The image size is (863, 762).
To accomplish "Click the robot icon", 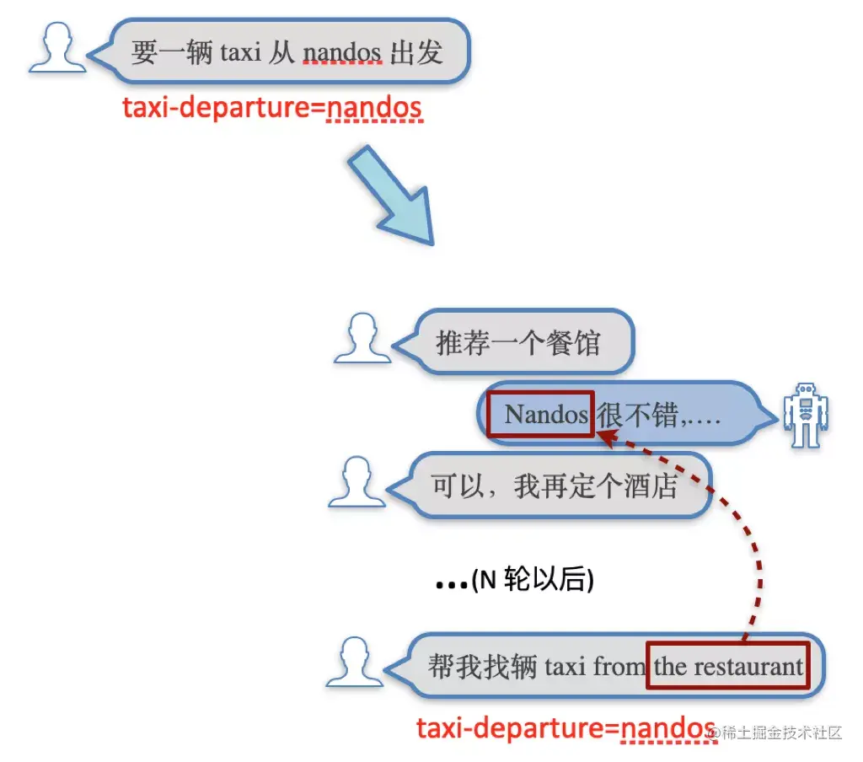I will coord(806,416).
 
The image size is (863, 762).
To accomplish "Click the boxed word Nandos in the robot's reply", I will coord(542,414).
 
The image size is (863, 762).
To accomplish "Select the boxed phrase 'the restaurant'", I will coord(727,667).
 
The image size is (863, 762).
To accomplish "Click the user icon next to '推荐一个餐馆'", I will coord(363,339).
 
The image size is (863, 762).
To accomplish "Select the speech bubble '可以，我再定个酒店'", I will coord(556,486).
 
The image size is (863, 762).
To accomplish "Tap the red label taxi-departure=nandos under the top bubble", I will coord(271,109).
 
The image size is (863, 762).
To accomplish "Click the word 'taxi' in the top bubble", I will coord(241,53).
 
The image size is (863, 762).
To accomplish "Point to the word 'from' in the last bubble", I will coord(619,667).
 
